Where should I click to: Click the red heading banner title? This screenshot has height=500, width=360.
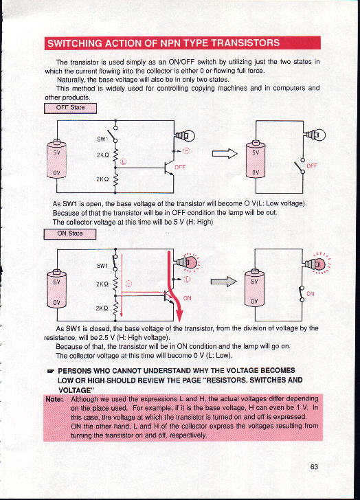(164, 43)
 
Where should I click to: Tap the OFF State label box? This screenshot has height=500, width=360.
(70, 108)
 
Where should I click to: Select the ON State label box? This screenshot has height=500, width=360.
(70, 234)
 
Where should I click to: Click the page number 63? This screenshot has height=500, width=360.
(314, 467)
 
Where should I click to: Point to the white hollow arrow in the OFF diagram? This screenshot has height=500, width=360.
(225, 154)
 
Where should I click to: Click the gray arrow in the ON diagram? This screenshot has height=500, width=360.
(223, 282)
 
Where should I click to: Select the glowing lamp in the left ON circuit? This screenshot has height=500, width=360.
(187, 262)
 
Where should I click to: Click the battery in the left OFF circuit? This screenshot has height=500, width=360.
(56, 159)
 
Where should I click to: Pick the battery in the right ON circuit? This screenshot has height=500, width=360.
(254, 288)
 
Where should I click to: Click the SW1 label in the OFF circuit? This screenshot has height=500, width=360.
(102, 139)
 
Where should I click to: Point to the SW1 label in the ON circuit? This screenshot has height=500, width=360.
(102, 265)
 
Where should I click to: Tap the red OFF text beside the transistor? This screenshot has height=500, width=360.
(180, 167)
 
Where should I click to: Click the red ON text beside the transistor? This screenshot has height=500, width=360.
(187, 298)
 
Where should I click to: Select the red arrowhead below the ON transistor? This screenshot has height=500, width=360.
(179, 315)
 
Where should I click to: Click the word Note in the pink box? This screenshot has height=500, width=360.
(54, 400)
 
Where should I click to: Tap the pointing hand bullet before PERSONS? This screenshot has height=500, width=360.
(50, 371)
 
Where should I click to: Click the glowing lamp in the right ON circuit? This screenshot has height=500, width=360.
(317, 264)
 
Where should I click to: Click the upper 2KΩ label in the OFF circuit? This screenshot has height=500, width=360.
(103, 155)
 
